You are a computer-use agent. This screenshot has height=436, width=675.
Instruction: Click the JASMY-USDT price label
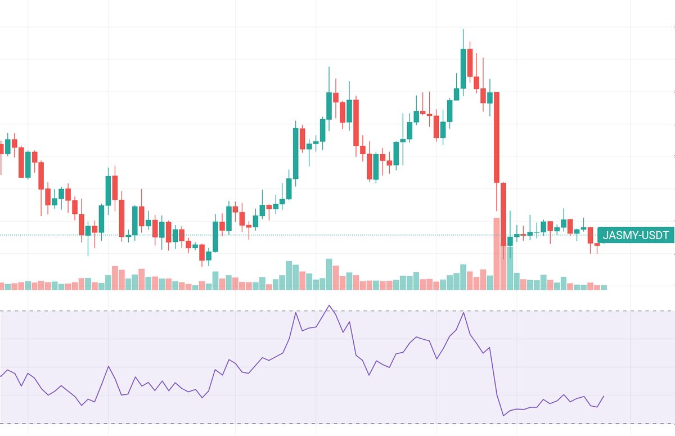[636, 235]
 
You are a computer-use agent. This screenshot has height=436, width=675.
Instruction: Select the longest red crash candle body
[497, 137]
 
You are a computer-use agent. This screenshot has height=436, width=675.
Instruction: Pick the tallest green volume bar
[510, 268]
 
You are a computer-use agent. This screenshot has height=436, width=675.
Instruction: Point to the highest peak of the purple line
[329, 305]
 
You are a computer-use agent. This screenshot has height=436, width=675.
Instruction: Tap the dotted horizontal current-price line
[281, 235]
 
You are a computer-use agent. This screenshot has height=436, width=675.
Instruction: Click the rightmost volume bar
[604, 287]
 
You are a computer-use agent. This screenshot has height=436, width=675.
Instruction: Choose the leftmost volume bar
[2, 286]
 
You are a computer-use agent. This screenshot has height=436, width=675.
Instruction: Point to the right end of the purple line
[604, 396]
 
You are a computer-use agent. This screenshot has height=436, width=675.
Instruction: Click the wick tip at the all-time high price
[463, 29]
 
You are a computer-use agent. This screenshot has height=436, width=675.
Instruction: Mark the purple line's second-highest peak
[463, 312]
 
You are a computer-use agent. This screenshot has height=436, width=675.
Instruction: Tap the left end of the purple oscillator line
[1, 375]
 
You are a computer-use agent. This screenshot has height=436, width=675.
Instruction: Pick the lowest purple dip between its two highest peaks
[369, 375]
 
